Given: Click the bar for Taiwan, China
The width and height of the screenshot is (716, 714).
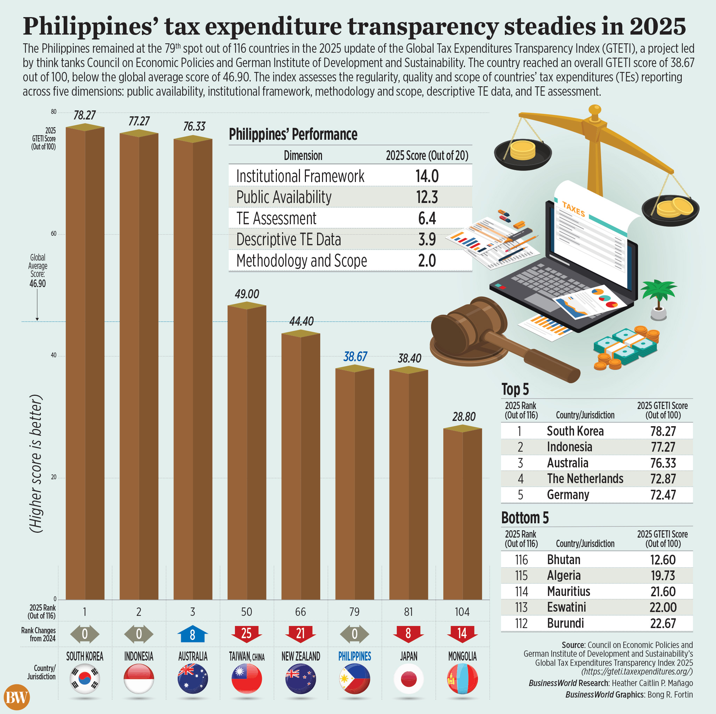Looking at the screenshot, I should [246, 452].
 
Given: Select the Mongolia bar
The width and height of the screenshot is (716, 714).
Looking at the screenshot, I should [463, 515].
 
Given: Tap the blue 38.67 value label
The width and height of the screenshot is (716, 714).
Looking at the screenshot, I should [355, 357].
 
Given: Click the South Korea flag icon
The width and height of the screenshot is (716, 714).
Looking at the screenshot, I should [85, 679].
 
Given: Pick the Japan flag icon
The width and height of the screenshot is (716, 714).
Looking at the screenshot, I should [408, 679].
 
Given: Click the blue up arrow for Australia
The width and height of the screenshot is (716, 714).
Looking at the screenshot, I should [192, 634].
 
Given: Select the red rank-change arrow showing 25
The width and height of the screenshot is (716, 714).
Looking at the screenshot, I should [246, 634].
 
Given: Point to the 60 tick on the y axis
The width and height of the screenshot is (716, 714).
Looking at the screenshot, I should [54, 234].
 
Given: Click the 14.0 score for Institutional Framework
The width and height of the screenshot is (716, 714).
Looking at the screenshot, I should [427, 176].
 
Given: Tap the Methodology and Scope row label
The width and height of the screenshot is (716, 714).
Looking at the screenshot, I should [302, 261].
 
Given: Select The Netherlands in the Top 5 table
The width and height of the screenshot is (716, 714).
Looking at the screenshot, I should [585, 479].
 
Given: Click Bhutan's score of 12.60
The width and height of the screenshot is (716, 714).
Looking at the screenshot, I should [663, 560].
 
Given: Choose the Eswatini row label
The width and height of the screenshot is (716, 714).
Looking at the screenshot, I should [566, 607].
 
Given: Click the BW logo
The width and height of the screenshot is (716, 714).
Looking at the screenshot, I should [17, 698].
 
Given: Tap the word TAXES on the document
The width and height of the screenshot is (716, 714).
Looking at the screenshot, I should [573, 209].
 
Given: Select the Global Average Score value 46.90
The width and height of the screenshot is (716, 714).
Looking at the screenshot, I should [37, 284].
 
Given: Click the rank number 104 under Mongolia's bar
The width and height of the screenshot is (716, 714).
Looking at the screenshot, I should [462, 612].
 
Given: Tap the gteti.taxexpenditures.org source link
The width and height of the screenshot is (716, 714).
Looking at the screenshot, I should [637, 671].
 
